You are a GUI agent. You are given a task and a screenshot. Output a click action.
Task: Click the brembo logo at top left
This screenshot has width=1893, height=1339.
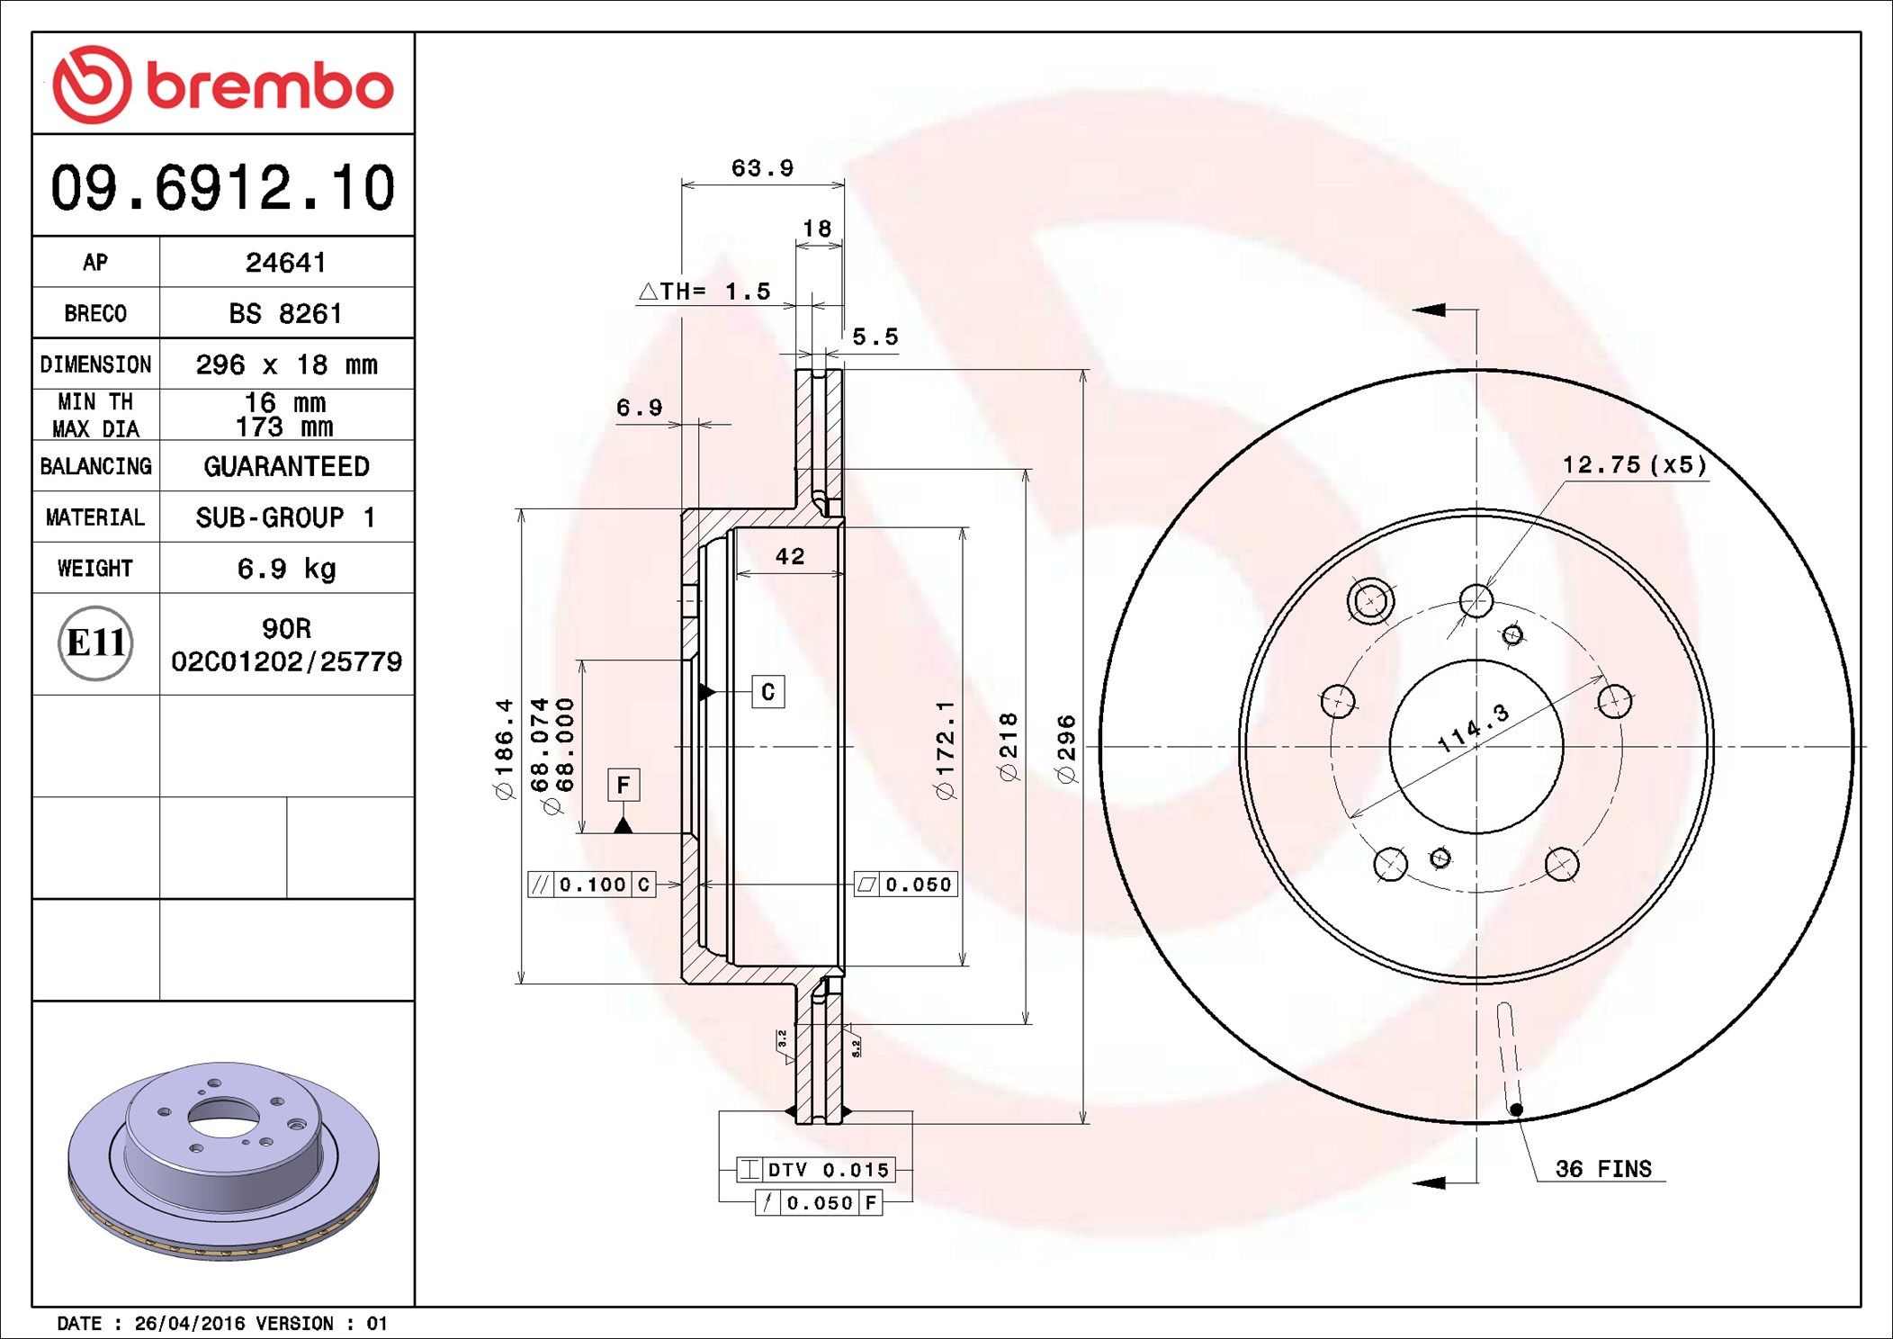click(222, 85)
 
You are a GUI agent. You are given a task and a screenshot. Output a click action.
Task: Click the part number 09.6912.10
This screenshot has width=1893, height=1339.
click(222, 187)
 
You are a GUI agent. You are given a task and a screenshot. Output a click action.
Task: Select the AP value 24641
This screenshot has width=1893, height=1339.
click(285, 263)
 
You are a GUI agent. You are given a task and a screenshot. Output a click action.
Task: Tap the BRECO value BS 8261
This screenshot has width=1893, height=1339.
click(285, 314)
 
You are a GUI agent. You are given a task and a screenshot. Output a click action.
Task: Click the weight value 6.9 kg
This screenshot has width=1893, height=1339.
click(285, 569)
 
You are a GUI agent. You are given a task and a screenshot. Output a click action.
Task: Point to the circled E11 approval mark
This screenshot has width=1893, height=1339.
click(95, 643)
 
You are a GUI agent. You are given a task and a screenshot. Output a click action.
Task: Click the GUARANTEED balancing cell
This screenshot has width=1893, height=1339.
click(285, 466)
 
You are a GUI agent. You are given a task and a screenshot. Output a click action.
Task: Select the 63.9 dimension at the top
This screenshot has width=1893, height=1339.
click(762, 168)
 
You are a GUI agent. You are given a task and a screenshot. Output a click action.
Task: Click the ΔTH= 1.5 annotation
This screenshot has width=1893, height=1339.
click(704, 292)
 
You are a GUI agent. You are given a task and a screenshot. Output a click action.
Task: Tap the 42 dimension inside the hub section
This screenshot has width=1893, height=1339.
click(789, 557)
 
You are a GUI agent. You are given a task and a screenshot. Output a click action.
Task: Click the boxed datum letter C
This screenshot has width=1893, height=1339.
click(767, 692)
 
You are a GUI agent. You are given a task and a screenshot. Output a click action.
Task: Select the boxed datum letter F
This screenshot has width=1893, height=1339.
click(623, 786)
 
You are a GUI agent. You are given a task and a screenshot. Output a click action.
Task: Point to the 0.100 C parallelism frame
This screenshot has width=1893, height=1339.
click(591, 885)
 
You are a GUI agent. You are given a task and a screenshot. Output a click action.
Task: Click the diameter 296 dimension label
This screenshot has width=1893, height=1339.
click(1066, 749)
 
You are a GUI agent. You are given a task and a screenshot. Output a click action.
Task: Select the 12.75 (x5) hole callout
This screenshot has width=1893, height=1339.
click(1633, 465)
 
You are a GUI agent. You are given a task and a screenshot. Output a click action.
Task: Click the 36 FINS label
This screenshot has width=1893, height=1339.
click(1602, 1169)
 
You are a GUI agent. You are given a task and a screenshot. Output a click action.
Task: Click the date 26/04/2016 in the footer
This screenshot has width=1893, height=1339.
click(189, 1324)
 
